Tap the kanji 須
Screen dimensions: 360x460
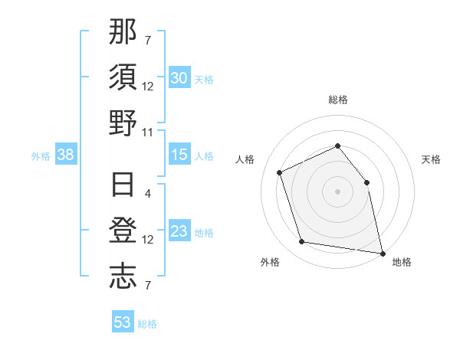123,77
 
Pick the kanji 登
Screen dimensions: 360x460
123,231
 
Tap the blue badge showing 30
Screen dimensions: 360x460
179,78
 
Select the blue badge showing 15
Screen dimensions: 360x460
179,155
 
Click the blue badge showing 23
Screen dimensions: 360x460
179,232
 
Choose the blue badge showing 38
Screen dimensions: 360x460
66,155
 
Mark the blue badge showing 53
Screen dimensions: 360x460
123,322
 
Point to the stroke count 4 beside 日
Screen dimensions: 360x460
148,193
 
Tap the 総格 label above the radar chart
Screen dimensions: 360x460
337,100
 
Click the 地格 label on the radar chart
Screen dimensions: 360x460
402,262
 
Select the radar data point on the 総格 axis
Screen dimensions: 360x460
337,146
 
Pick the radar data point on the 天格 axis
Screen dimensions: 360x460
366,182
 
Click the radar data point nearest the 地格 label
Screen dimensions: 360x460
382,253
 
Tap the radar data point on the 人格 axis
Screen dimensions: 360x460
280,172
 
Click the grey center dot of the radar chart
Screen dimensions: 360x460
337,191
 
